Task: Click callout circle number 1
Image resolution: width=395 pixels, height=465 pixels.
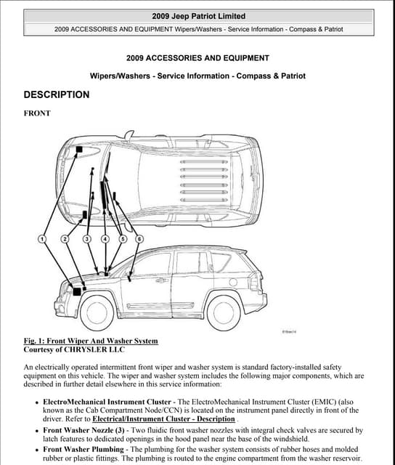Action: [x=42, y=239]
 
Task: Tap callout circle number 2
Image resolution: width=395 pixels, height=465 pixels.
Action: [x=65, y=239]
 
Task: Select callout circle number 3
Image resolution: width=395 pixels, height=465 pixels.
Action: [x=86, y=239]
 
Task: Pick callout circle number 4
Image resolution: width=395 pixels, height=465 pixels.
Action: [x=105, y=239]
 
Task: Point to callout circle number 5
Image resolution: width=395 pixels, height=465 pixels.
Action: [x=123, y=239]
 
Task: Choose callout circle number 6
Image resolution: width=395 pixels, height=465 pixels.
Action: [x=139, y=239]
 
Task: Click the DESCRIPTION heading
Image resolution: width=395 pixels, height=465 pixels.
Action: [x=57, y=94]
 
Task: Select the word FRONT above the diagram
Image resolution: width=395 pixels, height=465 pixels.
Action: [x=37, y=113]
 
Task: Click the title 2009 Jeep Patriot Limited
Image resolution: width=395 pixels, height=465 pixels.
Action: [x=198, y=16]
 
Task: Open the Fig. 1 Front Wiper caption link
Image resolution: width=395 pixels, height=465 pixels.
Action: [x=91, y=341]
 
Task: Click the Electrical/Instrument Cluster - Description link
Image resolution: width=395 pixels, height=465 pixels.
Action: [x=163, y=419]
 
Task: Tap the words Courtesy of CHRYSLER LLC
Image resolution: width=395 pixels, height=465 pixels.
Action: [x=74, y=349]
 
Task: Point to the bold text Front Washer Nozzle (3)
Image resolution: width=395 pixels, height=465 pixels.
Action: [x=84, y=430]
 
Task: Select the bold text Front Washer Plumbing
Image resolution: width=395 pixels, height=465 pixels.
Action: [x=84, y=450]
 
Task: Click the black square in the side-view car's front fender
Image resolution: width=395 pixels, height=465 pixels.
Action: [x=77, y=291]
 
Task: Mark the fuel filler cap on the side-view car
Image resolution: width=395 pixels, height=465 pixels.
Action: [x=233, y=282]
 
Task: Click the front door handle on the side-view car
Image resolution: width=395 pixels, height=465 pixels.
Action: [x=161, y=280]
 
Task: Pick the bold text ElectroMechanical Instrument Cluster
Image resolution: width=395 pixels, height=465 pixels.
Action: [x=107, y=402]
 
